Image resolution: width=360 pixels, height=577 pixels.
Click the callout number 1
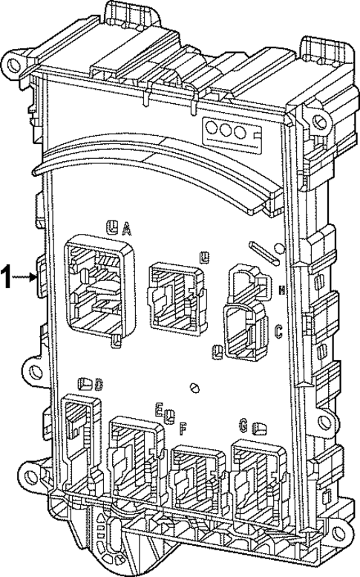7,277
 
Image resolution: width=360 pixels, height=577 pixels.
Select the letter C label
278,332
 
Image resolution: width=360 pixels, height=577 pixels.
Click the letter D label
99,383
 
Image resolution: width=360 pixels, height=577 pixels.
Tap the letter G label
243,425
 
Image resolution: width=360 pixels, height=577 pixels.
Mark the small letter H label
281,290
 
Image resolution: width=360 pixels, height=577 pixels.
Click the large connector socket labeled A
99,286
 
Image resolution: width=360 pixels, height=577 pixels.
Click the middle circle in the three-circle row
226,129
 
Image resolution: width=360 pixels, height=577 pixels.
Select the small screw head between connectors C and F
195,386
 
